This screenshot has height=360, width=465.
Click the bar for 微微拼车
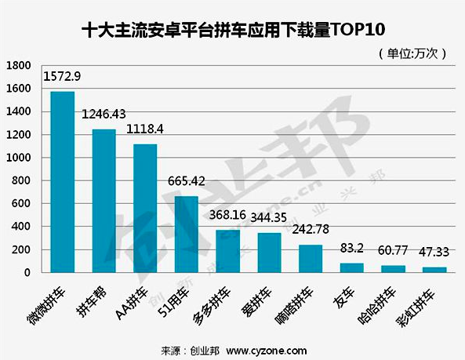tap(63, 182)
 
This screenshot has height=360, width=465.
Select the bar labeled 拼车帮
tap(104, 201)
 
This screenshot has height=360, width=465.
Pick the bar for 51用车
tap(186, 234)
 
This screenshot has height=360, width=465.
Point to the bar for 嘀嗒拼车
tap(310, 259)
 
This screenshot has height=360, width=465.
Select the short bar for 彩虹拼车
tap(434, 270)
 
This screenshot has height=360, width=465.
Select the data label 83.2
tap(351, 249)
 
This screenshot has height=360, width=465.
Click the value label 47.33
tap(434, 253)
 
